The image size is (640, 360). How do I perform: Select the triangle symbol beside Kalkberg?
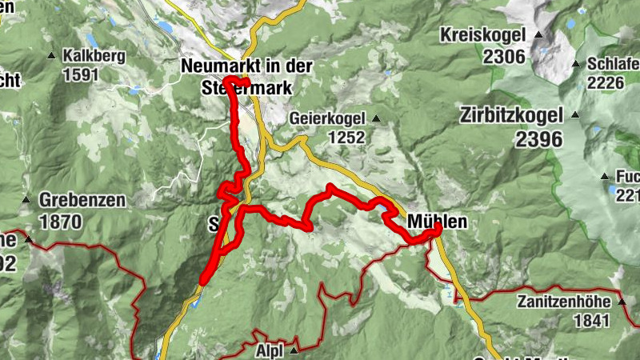click(x=51, y=56)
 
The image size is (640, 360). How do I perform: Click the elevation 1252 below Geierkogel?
click(x=345, y=138)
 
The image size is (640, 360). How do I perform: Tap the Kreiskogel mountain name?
click(x=482, y=36)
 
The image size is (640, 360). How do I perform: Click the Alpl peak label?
click(x=269, y=350)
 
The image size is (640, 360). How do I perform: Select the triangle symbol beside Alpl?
click(x=294, y=350)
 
